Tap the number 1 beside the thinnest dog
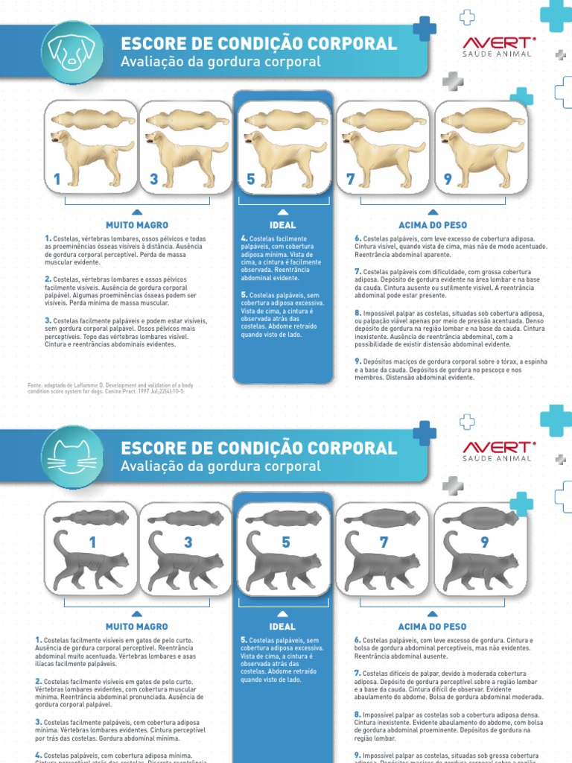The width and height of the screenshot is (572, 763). pyautogui.click(x=57, y=180)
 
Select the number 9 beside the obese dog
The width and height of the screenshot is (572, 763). pyautogui.click(x=448, y=179)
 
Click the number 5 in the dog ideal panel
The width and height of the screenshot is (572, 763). pyautogui.click(x=251, y=180)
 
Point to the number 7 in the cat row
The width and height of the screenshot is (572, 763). pyautogui.click(x=384, y=542)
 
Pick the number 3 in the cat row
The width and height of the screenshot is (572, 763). pyautogui.click(x=188, y=542)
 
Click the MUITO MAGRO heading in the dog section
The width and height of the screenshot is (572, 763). pyautogui.click(x=137, y=225)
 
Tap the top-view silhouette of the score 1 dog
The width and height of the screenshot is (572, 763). pyautogui.click(x=92, y=118)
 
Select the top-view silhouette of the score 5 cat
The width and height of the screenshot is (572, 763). pyautogui.click(x=284, y=519)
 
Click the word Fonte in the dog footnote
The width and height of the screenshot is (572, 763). pyautogui.click(x=35, y=384)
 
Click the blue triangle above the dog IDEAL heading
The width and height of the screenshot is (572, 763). pyautogui.click(x=283, y=212)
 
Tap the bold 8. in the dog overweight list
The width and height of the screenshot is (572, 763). pyautogui.click(x=358, y=313)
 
